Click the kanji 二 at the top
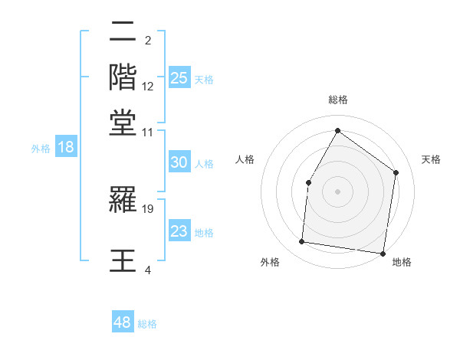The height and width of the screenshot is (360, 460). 123,34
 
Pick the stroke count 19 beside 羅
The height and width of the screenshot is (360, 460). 148,208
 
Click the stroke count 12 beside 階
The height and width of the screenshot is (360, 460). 148,87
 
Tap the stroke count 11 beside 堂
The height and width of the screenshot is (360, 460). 148,133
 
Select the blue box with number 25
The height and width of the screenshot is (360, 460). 179,78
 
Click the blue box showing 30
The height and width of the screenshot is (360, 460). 179,162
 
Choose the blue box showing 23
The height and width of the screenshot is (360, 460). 179,232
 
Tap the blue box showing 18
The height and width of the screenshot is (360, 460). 66,147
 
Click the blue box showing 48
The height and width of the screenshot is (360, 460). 123,322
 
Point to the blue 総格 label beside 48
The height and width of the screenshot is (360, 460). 147,324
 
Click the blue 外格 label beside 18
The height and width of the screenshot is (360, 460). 41,149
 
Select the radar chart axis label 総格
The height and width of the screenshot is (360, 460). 337,100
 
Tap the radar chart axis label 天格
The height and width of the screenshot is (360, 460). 432,159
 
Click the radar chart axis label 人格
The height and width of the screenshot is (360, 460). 245,159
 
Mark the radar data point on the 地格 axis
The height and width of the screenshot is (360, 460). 383,253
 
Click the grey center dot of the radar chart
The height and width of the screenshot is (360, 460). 337,191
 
